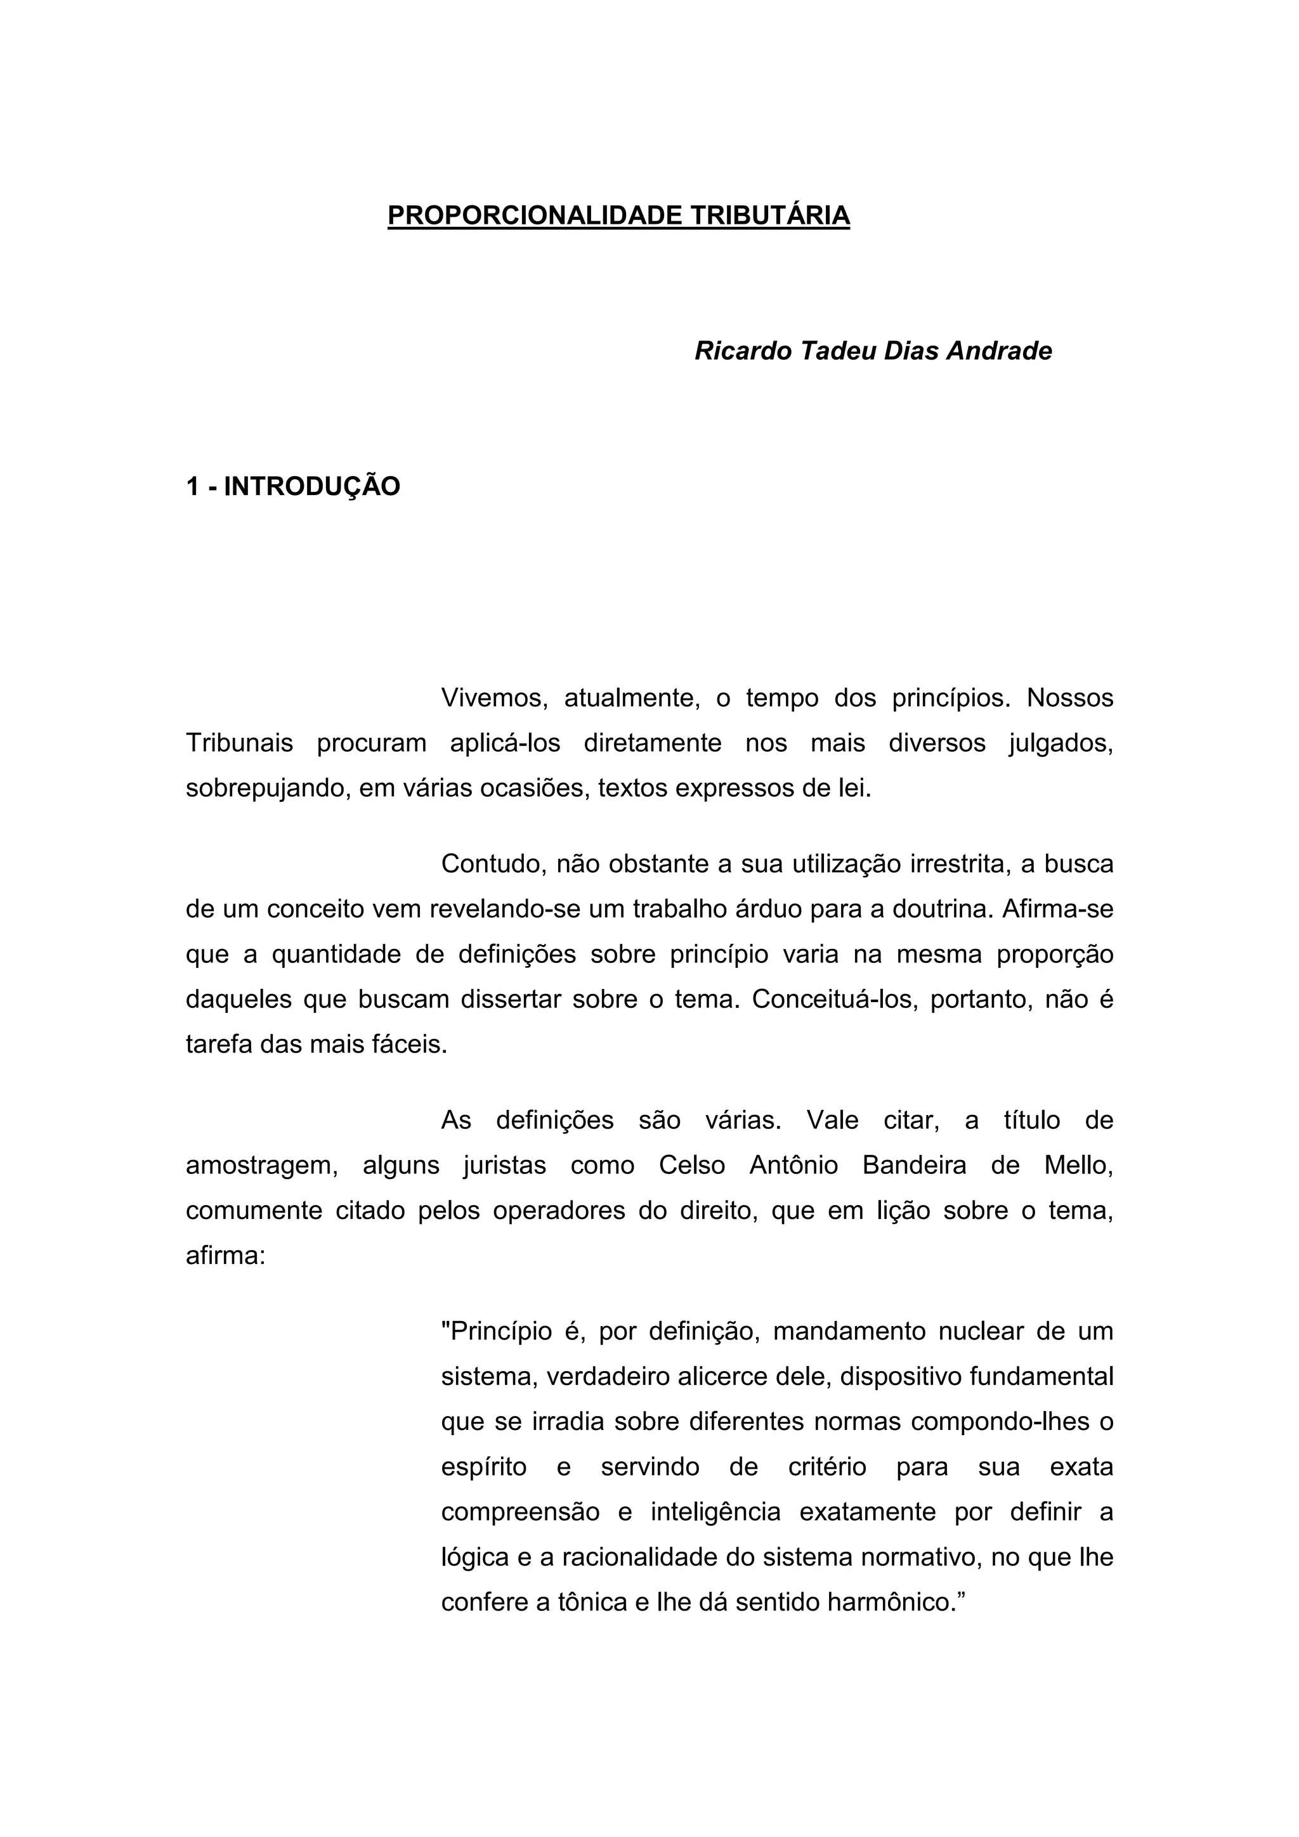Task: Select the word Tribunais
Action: [239, 744]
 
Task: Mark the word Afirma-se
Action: [1057, 910]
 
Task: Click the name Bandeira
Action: [914, 1166]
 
